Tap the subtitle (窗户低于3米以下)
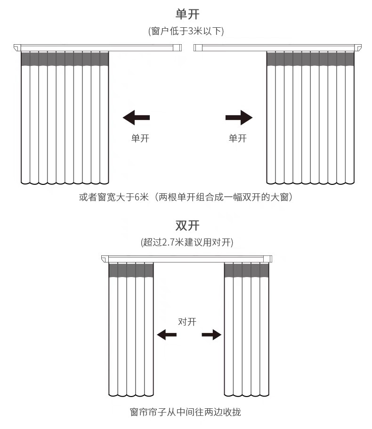point(186,32)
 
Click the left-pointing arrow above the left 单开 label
point(136,118)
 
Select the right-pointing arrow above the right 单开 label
point(239,118)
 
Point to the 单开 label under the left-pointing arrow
point(140,138)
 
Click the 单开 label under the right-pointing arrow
point(237,138)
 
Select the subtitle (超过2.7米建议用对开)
point(187,243)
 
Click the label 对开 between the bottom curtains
point(187,322)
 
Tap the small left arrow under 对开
point(167,335)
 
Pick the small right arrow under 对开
point(211,335)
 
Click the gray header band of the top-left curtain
point(65,59)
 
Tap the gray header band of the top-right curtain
point(310,59)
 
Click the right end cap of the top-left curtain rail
point(178,48)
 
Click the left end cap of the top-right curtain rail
point(198,48)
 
